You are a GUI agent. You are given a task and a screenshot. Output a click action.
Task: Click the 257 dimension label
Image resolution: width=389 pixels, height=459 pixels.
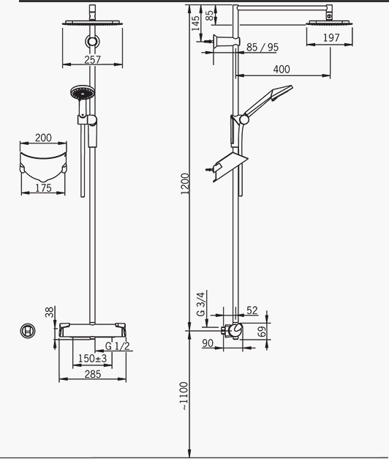pyautogui.click(x=92, y=60)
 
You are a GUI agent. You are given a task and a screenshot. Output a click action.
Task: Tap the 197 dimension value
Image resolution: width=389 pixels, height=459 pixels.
pyautogui.click(x=331, y=37)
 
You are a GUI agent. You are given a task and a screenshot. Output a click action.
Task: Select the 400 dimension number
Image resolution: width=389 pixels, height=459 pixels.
pyautogui.click(x=282, y=70)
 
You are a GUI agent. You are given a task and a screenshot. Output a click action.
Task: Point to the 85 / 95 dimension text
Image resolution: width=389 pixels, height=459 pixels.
pyautogui.click(x=263, y=47)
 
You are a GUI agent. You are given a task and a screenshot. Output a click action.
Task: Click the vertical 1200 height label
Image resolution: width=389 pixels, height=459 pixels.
pyautogui.click(x=185, y=184)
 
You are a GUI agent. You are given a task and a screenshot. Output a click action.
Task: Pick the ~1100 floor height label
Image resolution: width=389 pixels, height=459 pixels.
pyautogui.click(x=184, y=396)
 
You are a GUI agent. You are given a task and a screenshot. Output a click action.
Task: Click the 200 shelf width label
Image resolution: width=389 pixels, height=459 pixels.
pyautogui.click(x=43, y=138)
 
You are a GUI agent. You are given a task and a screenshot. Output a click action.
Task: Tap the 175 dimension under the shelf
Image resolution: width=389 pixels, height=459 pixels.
pyautogui.click(x=43, y=188)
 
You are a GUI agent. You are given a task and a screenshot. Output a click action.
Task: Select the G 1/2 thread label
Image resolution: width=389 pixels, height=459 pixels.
pyautogui.click(x=117, y=346)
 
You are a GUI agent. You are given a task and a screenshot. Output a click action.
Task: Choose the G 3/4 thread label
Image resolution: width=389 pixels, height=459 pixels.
pyautogui.click(x=202, y=304)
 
